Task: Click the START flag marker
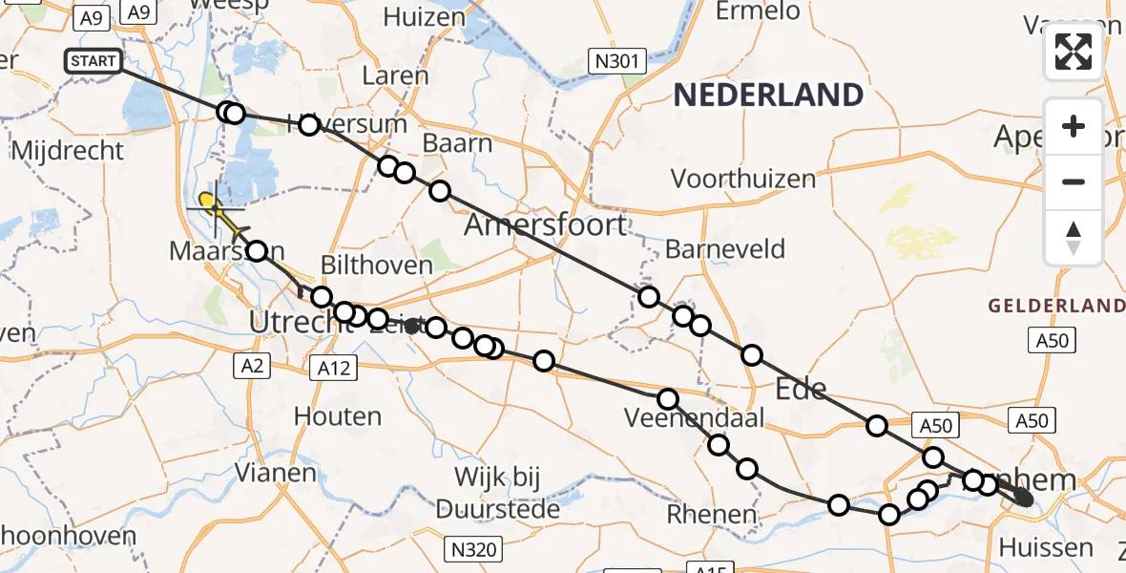(x=94, y=62)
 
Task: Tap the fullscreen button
(x=1074, y=52)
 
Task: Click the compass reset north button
(x=1074, y=238)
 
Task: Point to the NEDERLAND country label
(x=768, y=95)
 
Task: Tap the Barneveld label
(x=725, y=250)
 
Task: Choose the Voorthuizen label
(x=743, y=179)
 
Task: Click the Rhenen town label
(x=712, y=515)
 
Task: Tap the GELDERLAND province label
(x=1056, y=306)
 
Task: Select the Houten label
(x=338, y=416)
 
